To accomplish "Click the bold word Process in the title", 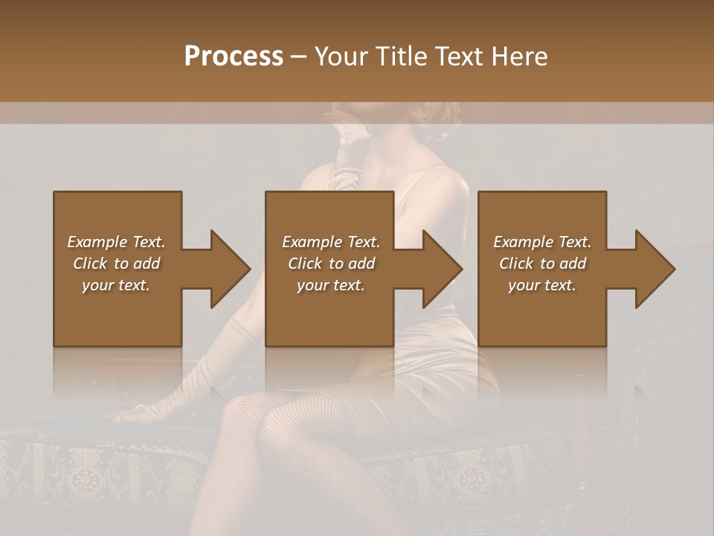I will coord(234,57).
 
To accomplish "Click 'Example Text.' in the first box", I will coord(116,242).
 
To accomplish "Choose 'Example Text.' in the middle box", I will coord(331,242).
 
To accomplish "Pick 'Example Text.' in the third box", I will coord(542,242).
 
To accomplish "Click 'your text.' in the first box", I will coord(116,285).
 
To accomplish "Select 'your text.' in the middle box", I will coord(331,285).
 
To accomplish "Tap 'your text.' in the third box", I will coord(542,285).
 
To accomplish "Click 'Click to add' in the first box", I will coord(116,264).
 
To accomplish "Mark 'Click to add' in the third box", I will coord(542,264).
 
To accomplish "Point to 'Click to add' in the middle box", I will coord(331,264).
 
